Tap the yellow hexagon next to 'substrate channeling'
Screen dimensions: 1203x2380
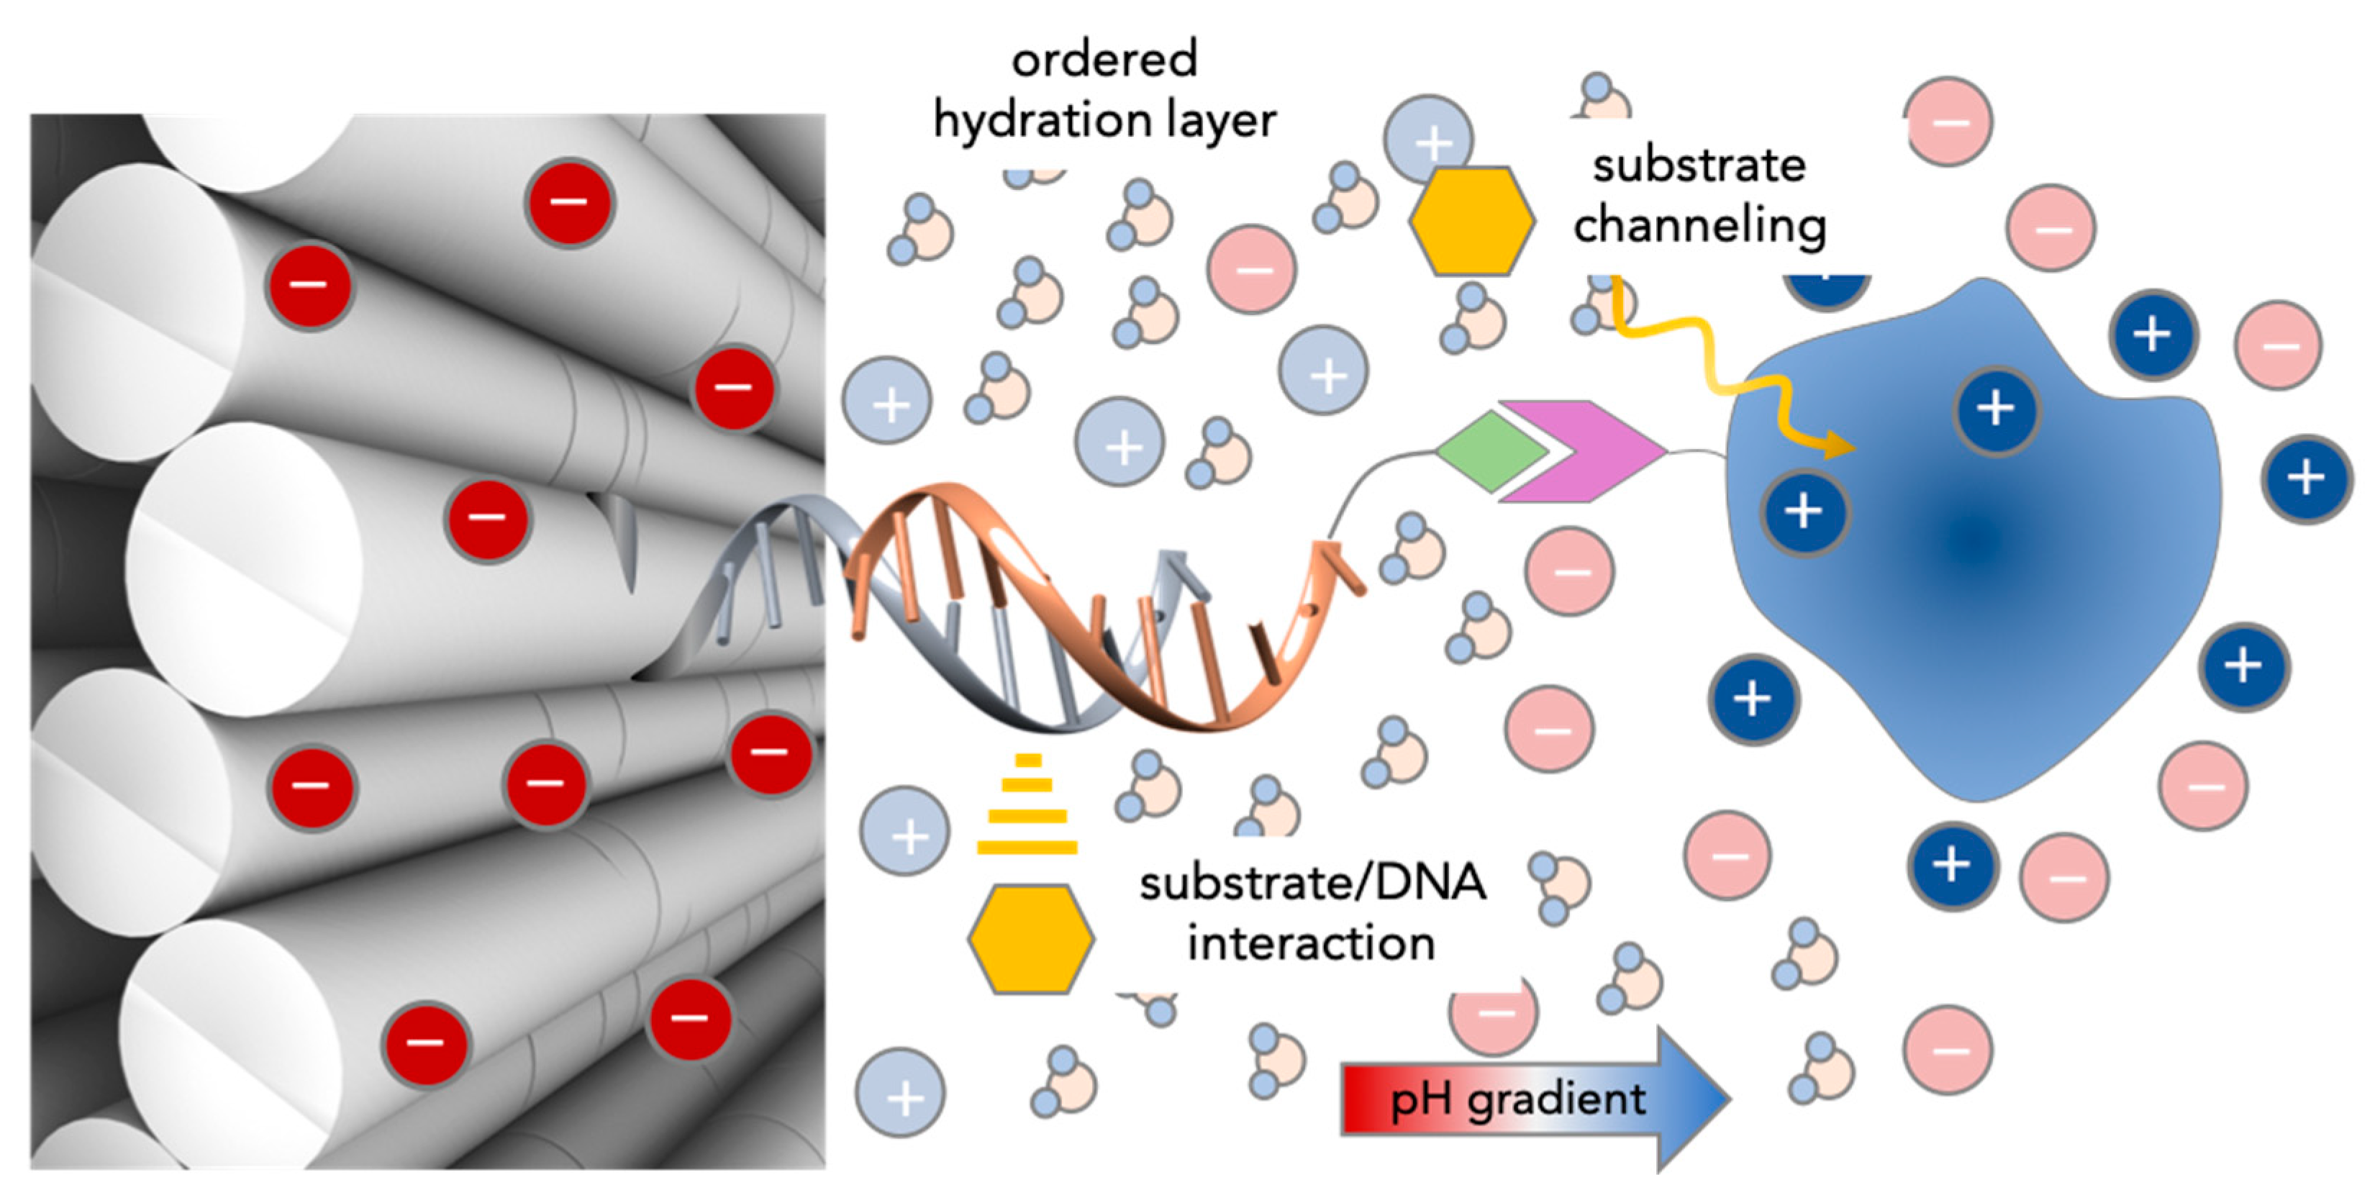click(1472, 222)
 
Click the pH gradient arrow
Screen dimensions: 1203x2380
click(1534, 1099)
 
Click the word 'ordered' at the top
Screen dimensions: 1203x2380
click(1105, 59)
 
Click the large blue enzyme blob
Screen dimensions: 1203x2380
click(1977, 591)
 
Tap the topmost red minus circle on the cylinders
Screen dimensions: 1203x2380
click(569, 202)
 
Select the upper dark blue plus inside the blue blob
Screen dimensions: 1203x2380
click(1996, 409)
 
